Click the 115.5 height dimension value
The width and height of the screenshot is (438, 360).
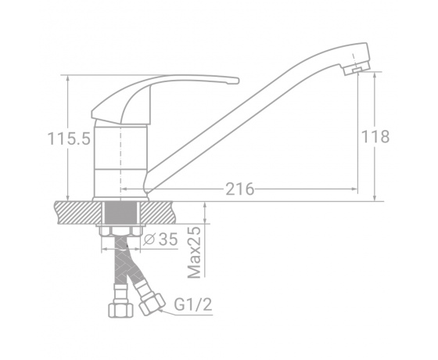(x=69, y=139)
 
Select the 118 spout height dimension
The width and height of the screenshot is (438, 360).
(x=375, y=137)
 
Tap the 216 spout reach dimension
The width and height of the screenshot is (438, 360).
(x=239, y=189)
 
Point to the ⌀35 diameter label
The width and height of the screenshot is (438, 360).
(x=160, y=239)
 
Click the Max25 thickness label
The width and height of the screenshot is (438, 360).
(x=195, y=252)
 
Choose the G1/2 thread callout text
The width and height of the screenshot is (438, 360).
(x=193, y=304)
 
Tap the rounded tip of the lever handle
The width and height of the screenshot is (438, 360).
(x=236, y=81)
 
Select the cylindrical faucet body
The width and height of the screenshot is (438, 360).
(x=120, y=161)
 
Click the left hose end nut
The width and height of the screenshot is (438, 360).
(x=120, y=310)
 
